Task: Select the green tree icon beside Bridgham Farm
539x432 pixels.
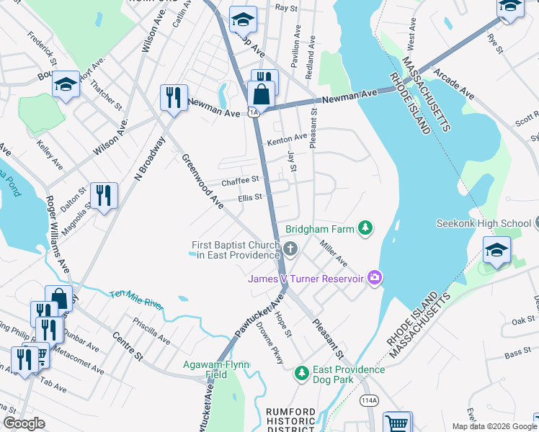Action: point(365,229)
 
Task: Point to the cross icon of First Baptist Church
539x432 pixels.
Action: point(290,250)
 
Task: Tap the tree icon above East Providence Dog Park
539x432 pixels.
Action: point(302,373)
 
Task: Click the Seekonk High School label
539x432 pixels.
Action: point(482,223)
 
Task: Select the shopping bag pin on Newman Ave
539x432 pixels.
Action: point(261,94)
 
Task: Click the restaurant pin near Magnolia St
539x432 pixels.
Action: point(104,195)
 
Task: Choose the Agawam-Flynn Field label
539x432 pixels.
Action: point(216,369)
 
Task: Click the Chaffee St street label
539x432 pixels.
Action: point(239,181)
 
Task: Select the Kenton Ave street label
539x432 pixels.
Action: point(287,138)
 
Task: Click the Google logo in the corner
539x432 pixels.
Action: point(24,424)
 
